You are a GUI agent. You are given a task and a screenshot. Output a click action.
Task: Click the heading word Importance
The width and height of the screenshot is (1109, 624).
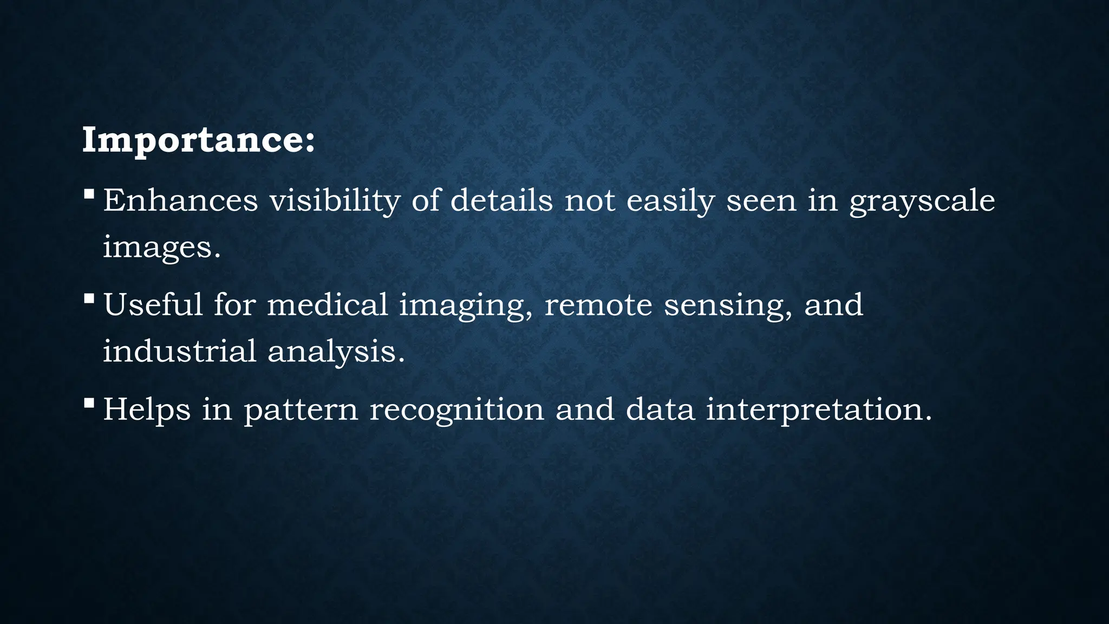tap(198, 140)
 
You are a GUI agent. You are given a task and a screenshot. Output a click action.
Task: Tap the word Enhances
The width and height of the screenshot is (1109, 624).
tap(180, 200)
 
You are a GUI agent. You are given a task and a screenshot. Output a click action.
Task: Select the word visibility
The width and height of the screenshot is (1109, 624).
tap(335, 200)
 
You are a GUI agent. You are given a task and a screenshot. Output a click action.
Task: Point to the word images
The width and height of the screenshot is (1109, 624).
tap(161, 248)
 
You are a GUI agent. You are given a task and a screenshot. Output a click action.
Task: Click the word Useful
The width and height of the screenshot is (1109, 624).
tap(153, 304)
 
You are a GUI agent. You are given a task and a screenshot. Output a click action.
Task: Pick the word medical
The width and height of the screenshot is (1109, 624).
tap(327, 304)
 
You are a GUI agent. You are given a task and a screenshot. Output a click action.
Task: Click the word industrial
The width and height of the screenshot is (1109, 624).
tap(179, 351)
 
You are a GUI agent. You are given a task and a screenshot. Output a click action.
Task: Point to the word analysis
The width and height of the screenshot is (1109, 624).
tap(336, 352)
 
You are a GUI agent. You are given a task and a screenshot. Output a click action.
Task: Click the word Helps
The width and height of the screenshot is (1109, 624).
tap(147, 409)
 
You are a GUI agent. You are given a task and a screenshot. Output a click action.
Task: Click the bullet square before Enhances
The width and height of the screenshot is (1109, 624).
tap(89, 193)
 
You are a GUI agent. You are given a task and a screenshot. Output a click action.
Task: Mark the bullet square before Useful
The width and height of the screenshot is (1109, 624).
tap(89, 298)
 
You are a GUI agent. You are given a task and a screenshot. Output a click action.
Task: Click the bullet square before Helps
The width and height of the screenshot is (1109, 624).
tap(89, 402)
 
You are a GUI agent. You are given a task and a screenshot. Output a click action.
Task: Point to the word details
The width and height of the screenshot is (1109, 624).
tap(501, 200)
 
